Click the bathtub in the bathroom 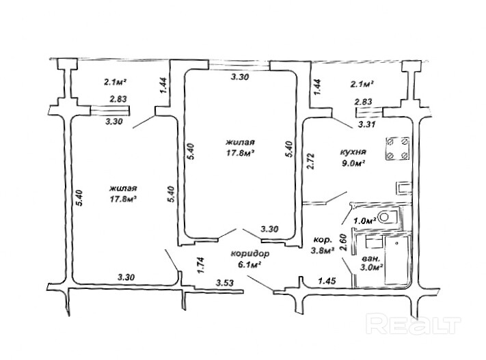point(396,263)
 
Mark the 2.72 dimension point(310,161)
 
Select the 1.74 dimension point(200,264)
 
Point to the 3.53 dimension point(225,282)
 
